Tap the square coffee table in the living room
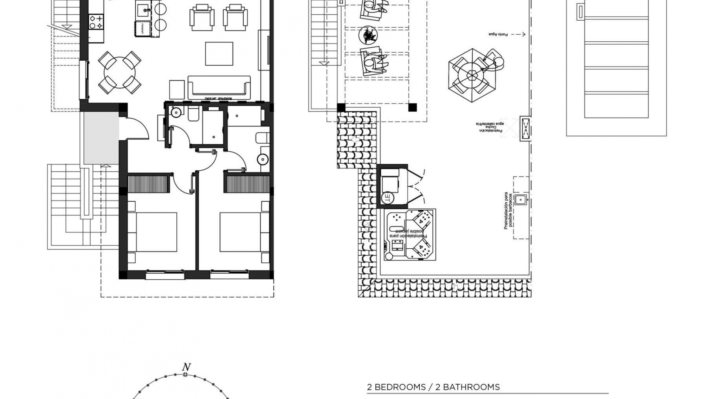219,54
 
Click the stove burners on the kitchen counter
96,21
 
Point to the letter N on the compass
186,367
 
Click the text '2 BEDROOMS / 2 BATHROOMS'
433,388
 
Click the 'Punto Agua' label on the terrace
498,34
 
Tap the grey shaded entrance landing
101,138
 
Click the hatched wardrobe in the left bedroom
148,183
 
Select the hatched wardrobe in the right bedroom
247,184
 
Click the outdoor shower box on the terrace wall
525,129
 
